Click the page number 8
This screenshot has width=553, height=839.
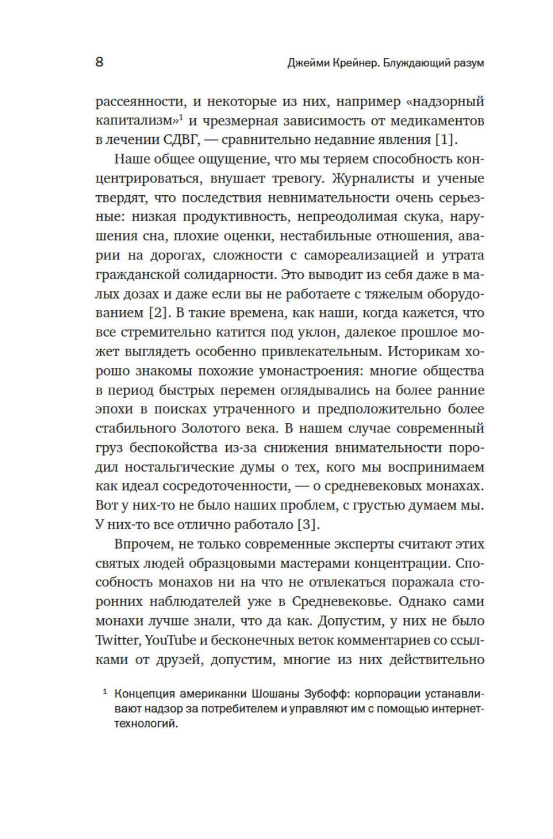[x=100, y=61]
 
